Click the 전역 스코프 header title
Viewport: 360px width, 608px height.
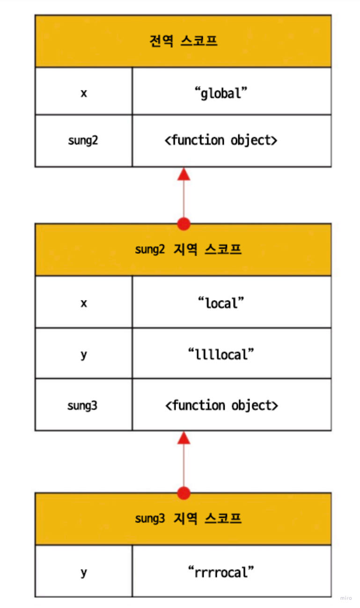coord(183,41)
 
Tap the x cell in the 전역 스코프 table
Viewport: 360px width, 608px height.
coord(84,93)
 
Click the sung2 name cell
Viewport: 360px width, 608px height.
coord(83,140)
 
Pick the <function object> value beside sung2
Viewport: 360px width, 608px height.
coord(221,140)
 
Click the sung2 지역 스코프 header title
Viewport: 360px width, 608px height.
coord(188,249)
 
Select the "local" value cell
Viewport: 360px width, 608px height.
coord(221,303)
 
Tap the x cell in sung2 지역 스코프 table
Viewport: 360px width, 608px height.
coord(84,303)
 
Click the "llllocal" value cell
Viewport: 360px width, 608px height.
coord(221,354)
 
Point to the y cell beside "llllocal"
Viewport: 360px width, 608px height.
coord(84,354)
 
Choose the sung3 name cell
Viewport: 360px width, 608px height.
coord(82,405)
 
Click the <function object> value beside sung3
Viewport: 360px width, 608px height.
coord(221,405)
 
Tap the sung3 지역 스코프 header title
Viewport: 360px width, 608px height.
coord(188,519)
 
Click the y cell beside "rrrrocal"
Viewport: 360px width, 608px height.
coord(84,572)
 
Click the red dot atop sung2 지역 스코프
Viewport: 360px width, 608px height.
coord(184,224)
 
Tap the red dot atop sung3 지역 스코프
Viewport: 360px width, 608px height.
coord(184,493)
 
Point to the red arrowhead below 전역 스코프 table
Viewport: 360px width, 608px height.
coord(184,174)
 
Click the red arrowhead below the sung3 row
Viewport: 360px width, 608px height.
coord(184,438)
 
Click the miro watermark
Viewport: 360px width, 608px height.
coord(345,598)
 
